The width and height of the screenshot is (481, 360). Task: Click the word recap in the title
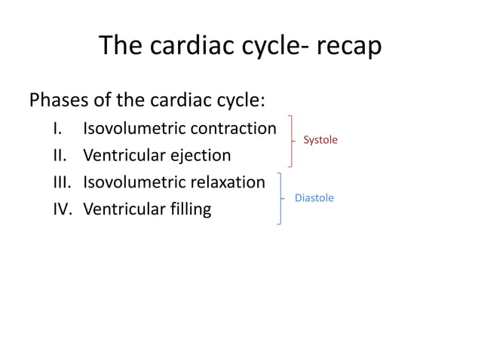pyautogui.click(x=349, y=47)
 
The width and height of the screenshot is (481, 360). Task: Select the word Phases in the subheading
pyautogui.click(x=59, y=100)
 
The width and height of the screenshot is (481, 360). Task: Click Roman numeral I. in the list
pyautogui.click(x=57, y=128)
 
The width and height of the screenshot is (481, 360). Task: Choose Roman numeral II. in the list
pyautogui.click(x=60, y=155)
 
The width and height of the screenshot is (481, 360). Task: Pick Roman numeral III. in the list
pyautogui.click(x=62, y=182)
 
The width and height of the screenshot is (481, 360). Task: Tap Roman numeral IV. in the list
pyautogui.click(x=63, y=209)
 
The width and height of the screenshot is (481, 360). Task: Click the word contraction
pyautogui.click(x=234, y=128)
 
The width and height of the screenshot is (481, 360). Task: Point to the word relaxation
pyautogui.click(x=228, y=182)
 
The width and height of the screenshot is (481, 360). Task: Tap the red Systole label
pyautogui.click(x=320, y=140)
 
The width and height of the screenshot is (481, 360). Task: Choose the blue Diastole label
pyautogui.click(x=314, y=197)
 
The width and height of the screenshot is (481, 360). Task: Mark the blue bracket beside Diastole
pyautogui.click(x=281, y=198)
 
